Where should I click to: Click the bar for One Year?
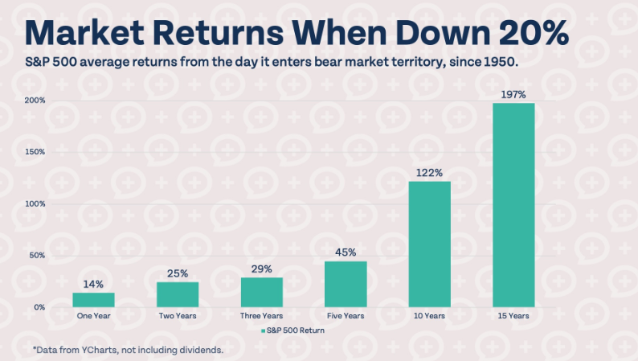tap(93, 299)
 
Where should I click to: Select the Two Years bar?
tap(178, 294)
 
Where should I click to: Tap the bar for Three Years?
tap(262, 292)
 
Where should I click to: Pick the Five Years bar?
tap(346, 284)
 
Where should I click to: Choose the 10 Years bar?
tap(429, 244)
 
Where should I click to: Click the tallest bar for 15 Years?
tap(513, 205)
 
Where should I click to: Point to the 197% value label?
tap(513, 95)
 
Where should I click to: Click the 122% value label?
tap(429, 173)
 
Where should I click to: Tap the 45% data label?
tap(346, 252)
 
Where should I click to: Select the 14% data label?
tap(93, 285)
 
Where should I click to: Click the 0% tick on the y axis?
tap(39, 307)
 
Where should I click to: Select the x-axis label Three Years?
tap(262, 316)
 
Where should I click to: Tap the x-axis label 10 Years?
tap(429, 316)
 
